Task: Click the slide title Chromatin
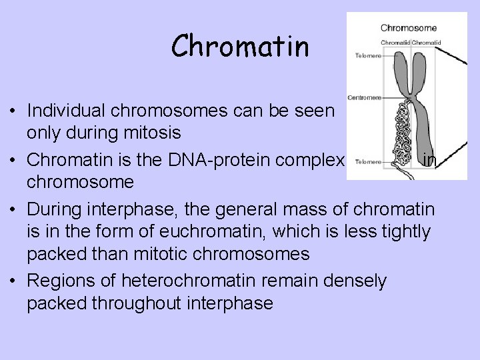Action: (240, 47)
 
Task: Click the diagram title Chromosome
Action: (408, 28)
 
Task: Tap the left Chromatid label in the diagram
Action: (395, 43)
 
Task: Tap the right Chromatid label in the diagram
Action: (424, 43)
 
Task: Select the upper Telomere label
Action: (367, 56)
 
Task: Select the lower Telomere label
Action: (367, 161)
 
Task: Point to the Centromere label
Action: (364, 97)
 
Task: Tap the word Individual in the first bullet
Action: (69, 111)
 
